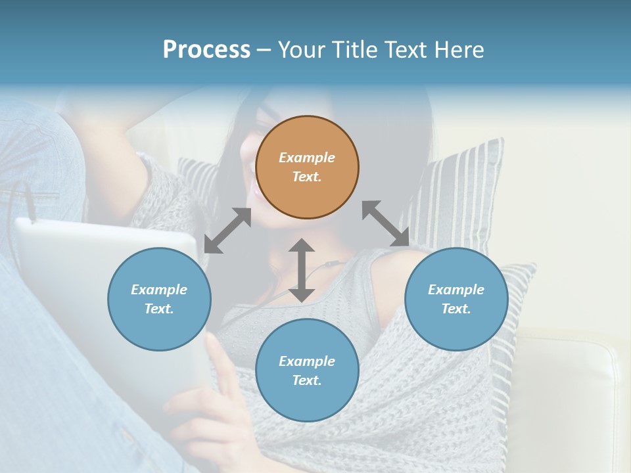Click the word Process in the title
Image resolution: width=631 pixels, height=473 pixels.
tap(206, 50)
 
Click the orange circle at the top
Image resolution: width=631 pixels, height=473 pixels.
tap(307, 167)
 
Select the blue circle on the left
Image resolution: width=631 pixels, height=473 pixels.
tap(159, 299)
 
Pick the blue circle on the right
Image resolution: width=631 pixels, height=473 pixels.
tap(456, 299)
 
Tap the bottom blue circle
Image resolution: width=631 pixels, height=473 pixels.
tap(307, 371)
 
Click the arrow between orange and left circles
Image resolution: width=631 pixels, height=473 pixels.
tap(227, 231)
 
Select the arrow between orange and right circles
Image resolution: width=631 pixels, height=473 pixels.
tap(386, 223)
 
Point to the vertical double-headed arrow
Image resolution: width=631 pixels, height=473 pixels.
tap(302, 270)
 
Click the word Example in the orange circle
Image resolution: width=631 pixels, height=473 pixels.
tap(307, 158)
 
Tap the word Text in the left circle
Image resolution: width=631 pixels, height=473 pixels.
tap(159, 309)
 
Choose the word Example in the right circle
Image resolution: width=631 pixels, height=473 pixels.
tap(456, 290)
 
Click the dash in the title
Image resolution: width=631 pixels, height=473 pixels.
tap(264, 50)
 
